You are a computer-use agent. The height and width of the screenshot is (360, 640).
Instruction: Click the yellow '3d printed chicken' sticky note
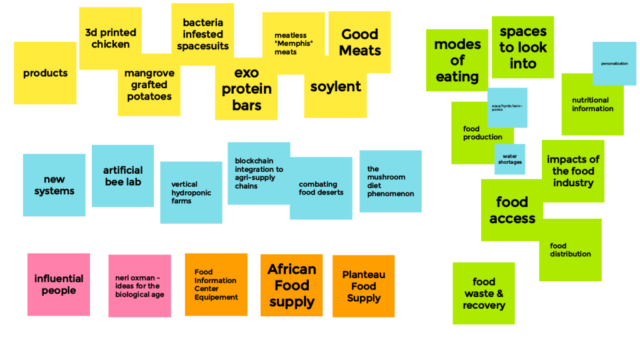click(110, 37)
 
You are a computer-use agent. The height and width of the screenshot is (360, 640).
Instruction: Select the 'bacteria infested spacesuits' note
click(202, 34)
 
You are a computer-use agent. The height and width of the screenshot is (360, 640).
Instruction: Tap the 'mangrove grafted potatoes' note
click(149, 86)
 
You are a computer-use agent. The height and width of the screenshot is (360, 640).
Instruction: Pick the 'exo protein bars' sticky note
click(246, 89)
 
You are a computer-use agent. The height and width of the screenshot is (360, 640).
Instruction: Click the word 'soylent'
click(336, 87)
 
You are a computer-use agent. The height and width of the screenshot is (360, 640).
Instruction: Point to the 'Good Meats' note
click(359, 42)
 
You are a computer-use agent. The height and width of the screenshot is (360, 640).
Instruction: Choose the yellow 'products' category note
click(45, 73)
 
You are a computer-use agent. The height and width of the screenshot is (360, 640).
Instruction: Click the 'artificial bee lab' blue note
click(122, 176)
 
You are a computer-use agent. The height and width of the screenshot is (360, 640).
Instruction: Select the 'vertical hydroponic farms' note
click(191, 192)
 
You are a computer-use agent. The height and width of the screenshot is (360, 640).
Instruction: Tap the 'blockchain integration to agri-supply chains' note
click(258, 173)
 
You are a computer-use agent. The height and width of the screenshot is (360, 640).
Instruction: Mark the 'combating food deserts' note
click(321, 188)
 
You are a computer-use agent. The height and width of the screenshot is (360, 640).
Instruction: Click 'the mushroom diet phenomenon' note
click(390, 181)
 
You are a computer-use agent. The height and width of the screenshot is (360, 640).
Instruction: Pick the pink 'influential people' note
click(59, 284)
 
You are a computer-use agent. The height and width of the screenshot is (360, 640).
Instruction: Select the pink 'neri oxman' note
click(139, 286)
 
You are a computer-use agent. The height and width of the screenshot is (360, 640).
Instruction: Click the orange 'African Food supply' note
click(291, 286)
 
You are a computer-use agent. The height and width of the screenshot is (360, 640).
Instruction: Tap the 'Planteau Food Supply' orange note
click(363, 286)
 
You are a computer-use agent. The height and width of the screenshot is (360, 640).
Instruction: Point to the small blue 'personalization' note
click(614, 63)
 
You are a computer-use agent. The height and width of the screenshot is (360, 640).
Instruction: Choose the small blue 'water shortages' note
click(510, 159)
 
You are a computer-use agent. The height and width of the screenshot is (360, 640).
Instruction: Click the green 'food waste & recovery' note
click(484, 293)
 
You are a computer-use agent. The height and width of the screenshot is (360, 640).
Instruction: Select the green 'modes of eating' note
click(457, 60)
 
